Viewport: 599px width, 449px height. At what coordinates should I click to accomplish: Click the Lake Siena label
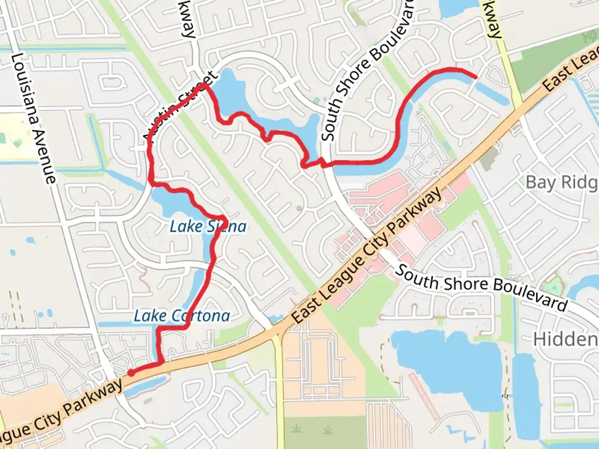point(208,227)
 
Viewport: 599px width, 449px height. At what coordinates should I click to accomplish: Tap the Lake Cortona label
point(182,316)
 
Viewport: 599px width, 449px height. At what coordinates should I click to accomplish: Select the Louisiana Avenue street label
point(33,118)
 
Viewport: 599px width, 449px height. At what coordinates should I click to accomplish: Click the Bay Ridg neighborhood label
point(562,183)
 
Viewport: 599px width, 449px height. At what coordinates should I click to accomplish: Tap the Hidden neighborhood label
point(566,340)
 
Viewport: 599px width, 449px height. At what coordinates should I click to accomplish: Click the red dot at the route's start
point(131,373)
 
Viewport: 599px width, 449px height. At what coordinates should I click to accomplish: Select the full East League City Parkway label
point(367,256)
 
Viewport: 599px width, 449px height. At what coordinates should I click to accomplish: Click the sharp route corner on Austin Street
point(205,85)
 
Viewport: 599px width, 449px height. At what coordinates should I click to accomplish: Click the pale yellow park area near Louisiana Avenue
point(17,137)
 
